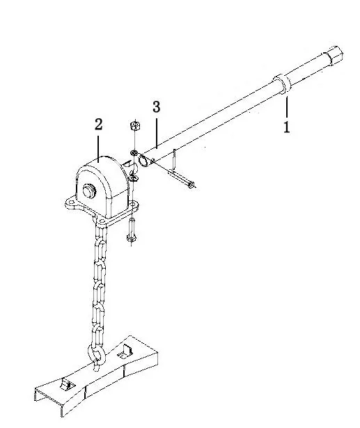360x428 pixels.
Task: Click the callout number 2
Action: (99, 125)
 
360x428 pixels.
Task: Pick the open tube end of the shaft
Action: (143, 161)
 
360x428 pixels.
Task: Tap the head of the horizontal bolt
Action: (191, 185)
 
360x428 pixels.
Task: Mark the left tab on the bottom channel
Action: (65, 385)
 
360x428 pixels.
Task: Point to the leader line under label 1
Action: (286, 110)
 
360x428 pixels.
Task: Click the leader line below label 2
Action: (100, 144)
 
